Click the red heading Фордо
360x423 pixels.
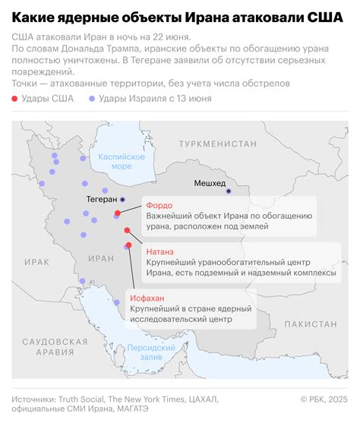pyautogui.click(x=160, y=206)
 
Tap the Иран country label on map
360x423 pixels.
pyautogui.click(x=101, y=258)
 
